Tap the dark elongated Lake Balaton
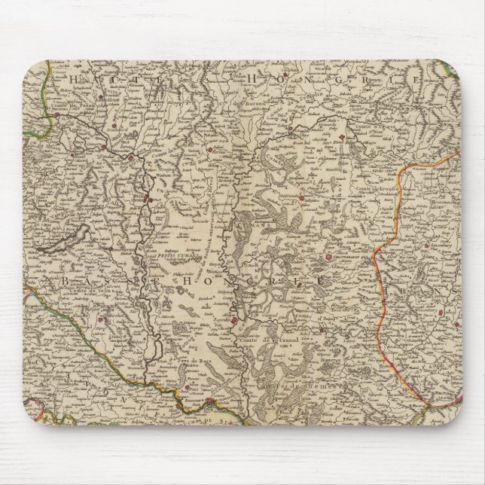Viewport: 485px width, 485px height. [x=57, y=243]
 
